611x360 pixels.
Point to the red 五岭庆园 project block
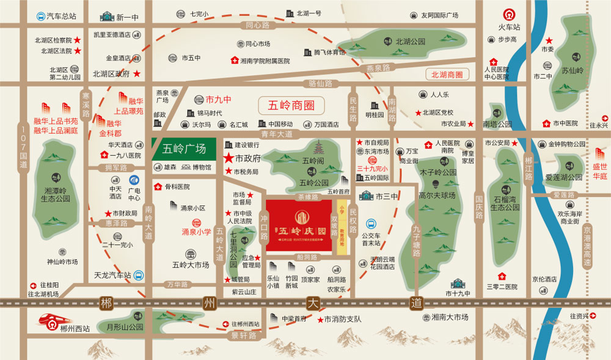(299, 225)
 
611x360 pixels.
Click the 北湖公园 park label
(410, 42)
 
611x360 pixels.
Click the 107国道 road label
(24, 147)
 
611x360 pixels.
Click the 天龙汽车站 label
(109, 275)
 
